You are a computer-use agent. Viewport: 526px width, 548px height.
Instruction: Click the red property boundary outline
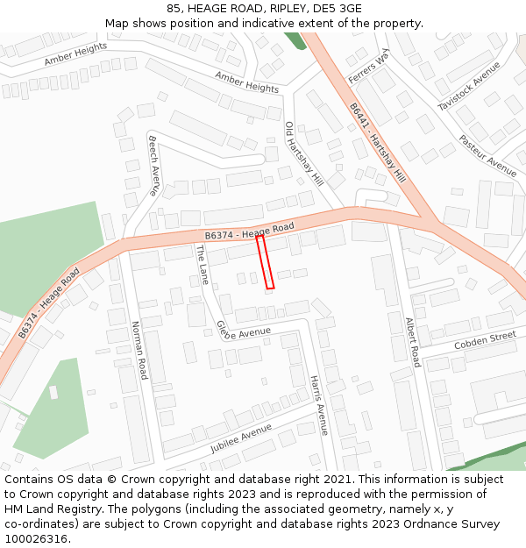click(x=266, y=261)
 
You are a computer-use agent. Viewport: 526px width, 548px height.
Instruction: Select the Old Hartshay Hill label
click(x=303, y=153)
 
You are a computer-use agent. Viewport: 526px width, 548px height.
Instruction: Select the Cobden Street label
click(x=485, y=340)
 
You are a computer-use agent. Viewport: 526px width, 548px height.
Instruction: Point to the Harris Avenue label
click(x=318, y=405)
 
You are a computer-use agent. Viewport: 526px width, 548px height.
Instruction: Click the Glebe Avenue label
click(x=244, y=331)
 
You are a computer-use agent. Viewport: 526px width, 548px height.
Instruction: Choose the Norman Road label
click(x=140, y=351)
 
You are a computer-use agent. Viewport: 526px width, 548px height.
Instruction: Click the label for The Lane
click(x=203, y=264)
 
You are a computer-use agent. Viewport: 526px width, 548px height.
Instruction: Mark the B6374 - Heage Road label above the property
click(x=249, y=232)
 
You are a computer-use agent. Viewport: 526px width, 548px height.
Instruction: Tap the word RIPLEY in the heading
click(x=265, y=8)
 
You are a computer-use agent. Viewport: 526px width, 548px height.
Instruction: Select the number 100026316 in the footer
click(x=36, y=538)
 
